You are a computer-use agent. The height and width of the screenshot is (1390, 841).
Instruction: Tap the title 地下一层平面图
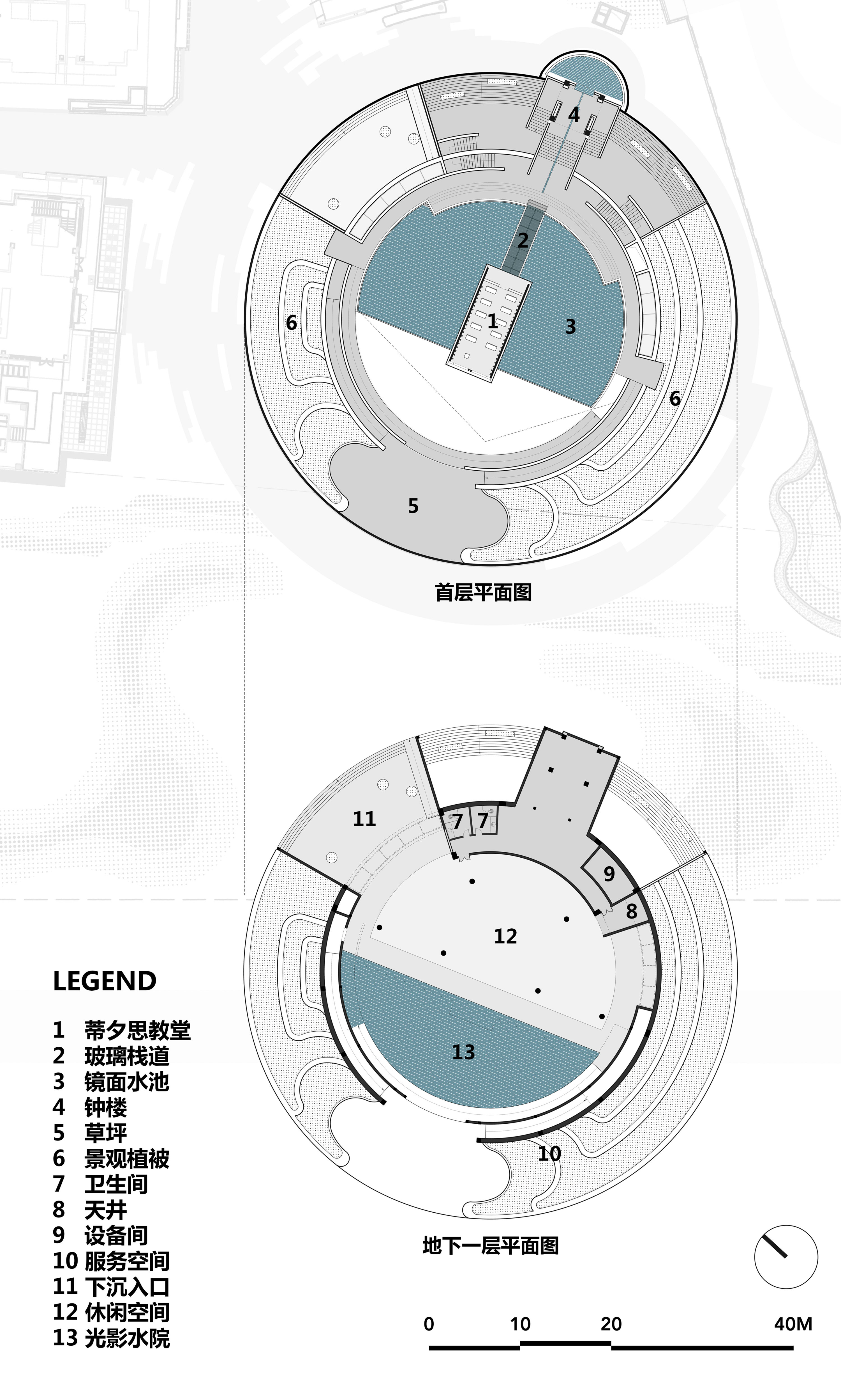pos(490,1245)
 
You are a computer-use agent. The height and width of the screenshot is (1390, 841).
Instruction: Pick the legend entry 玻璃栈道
pos(127,1056)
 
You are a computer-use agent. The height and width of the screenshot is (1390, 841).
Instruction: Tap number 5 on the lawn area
pos(413,506)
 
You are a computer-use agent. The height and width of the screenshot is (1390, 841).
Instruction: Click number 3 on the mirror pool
pos(570,327)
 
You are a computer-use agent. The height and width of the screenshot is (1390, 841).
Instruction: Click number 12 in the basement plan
pos(505,936)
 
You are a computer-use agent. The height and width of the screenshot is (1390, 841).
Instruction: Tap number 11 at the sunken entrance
pos(364,819)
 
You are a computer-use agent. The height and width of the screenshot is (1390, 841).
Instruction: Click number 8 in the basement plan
pos(631,911)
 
